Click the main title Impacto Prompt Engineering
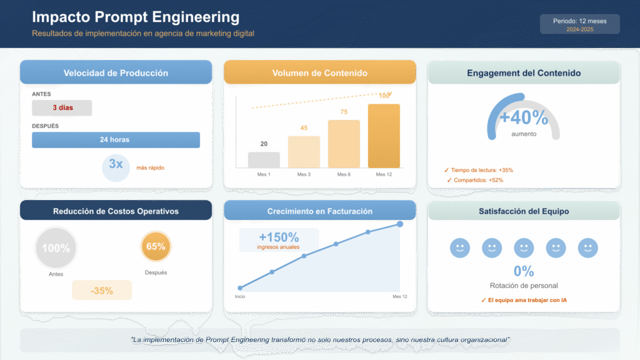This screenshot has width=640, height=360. pos(136,17)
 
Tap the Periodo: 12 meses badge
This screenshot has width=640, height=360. pos(579,24)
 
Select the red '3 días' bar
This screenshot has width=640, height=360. pos(62,107)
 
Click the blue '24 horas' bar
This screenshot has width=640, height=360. pos(116,139)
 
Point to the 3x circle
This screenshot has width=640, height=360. pos(116,166)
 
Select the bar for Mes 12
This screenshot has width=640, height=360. pos(384,136)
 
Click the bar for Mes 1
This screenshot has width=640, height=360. pos(264,160)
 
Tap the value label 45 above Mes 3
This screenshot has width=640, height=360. pos(304,128)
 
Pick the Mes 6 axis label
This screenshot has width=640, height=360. pos(343,174)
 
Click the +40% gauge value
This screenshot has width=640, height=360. pos(524,117)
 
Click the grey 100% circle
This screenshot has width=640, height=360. pos(56,248)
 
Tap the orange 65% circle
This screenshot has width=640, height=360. pos(156,246)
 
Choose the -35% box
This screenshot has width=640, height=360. pos(102,290)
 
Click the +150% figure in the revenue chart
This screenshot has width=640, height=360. pos(279,237)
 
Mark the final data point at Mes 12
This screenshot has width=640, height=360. pos(400,224)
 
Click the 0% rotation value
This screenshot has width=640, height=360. pos(524,271)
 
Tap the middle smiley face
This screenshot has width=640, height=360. pos(524,248)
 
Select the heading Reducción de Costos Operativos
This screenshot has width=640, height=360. pos(116,211)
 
